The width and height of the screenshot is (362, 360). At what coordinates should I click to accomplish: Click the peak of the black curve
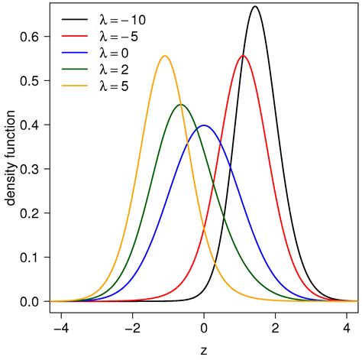coord(255,7)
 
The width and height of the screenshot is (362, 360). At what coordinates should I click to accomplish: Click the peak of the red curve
coord(244,56)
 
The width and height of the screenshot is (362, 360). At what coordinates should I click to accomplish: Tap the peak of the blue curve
coord(203,125)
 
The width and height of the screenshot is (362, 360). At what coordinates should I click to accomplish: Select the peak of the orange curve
coord(164,56)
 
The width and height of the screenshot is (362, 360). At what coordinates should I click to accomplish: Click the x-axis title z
coord(203,350)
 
